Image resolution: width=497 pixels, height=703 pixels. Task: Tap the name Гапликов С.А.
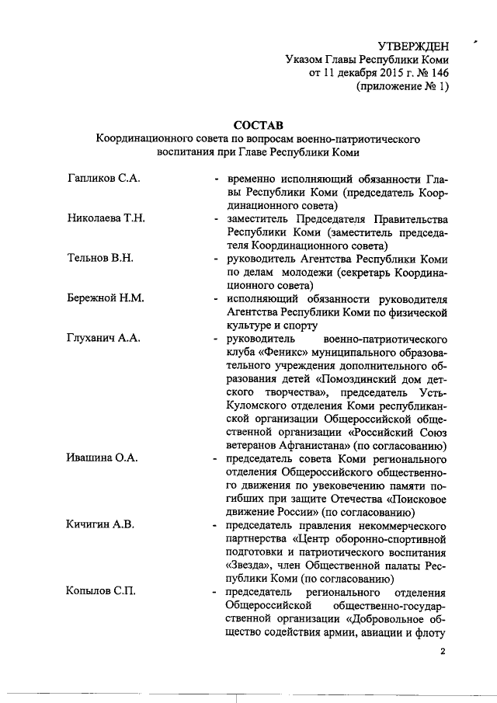[103, 179]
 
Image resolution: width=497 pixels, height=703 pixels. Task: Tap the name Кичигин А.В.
[102, 525]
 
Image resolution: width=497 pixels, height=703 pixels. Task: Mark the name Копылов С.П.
[103, 593]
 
